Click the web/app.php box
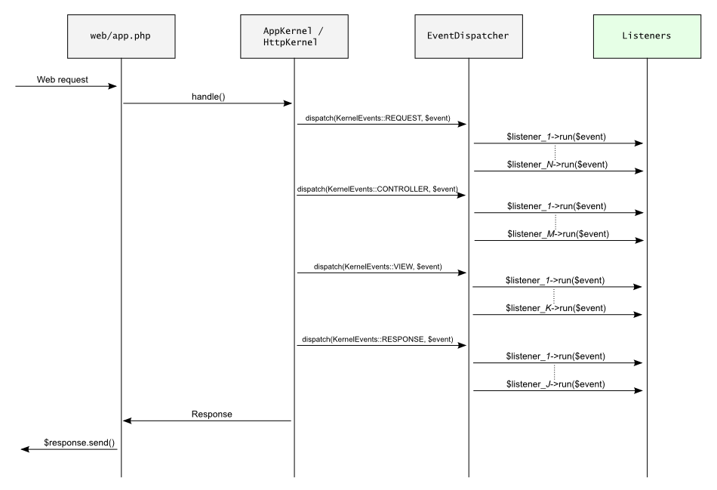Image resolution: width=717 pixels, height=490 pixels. point(122,35)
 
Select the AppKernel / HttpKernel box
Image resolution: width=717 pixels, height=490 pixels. point(294,35)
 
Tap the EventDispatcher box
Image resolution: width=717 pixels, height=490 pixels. point(468,35)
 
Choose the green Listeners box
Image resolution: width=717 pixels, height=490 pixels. point(647,35)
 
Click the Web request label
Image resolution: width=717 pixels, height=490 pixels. point(63,79)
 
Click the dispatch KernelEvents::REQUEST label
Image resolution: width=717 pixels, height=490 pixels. point(378,119)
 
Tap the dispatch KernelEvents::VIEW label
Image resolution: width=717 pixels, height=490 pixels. point(378,267)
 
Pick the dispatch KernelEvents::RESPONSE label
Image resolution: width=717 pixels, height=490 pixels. point(378,340)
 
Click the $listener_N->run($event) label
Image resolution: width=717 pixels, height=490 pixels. point(557,164)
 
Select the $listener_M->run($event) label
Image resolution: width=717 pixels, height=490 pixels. point(557,234)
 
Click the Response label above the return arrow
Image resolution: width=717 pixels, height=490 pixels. point(212,414)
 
